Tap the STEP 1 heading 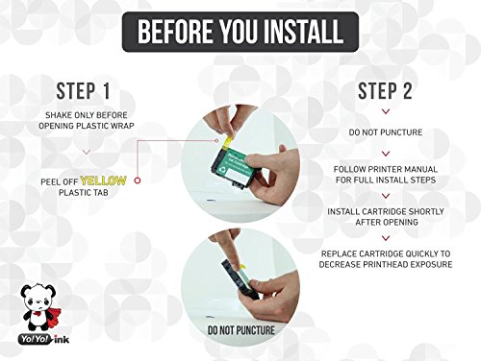tap(84, 91)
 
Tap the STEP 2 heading tap(385, 91)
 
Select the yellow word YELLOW tap(103, 180)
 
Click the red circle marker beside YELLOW tap(138, 180)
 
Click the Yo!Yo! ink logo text tap(44, 339)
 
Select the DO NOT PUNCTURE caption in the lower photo tap(241, 330)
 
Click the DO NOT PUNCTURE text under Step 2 tap(386, 132)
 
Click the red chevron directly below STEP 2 tap(386, 111)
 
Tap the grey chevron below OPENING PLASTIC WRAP tap(87, 152)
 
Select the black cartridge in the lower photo tap(240, 279)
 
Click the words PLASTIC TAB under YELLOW tap(84, 193)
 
